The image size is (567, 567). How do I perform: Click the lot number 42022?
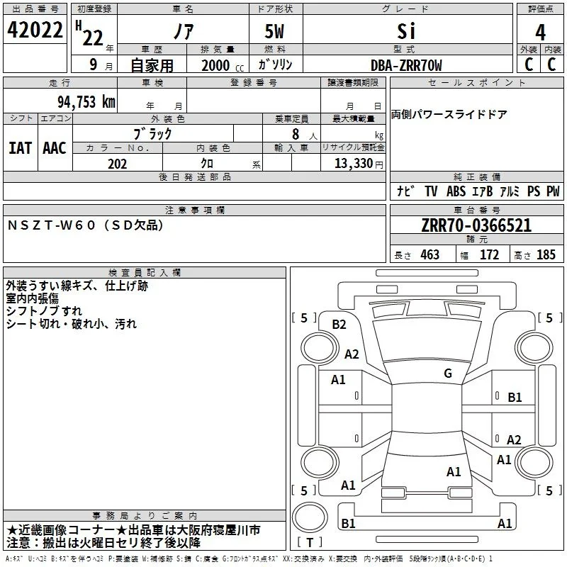point(35,30)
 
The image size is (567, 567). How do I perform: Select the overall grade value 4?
point(540,33)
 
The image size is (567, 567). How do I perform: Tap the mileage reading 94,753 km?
point(86,102)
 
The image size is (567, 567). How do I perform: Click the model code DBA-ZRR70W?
point(406,65)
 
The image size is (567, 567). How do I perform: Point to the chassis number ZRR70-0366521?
point(476,225)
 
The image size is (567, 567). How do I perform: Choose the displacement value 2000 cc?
point(223,65)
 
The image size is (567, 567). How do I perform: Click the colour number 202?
point(117,164)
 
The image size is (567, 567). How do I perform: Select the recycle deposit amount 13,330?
point(354,164)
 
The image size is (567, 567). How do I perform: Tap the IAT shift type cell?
point(20,148)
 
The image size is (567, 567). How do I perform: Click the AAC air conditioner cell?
point(55,148)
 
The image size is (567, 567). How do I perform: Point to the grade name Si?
point(406,31)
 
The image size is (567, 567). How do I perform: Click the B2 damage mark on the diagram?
point(339,325)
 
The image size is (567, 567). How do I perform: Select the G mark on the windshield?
point(448,373)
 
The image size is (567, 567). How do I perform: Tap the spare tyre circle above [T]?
point(310,517)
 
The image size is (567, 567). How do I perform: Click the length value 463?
point(430,254)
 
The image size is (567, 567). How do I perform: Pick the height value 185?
point(546,254)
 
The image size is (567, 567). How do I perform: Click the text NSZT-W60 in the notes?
point(51,225)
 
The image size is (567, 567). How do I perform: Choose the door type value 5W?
point(274,31)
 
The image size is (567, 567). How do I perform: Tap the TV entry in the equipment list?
point(431,191)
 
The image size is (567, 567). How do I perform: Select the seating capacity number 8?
point(296,134)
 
